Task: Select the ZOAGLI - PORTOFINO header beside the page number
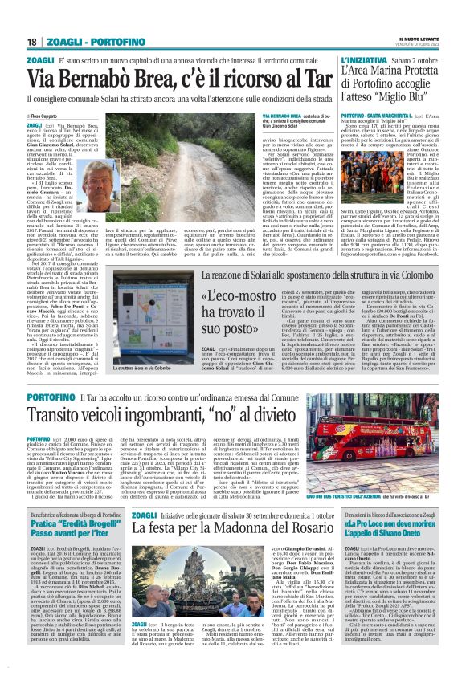pyautogui.click(x=77, y=42)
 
